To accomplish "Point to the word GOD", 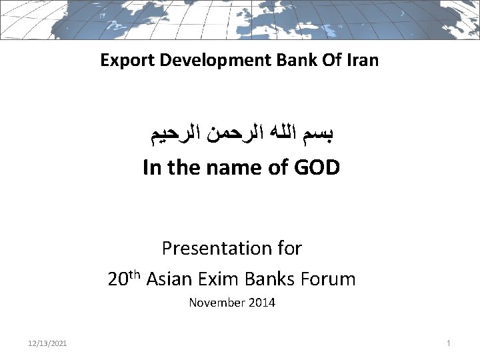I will [x=316, y=168].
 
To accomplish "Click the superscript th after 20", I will [x=134, y=274].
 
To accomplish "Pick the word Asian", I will [x=165, y=279].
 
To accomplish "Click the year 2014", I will [x=262, y=303].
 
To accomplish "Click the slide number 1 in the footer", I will [x=449, y=343].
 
